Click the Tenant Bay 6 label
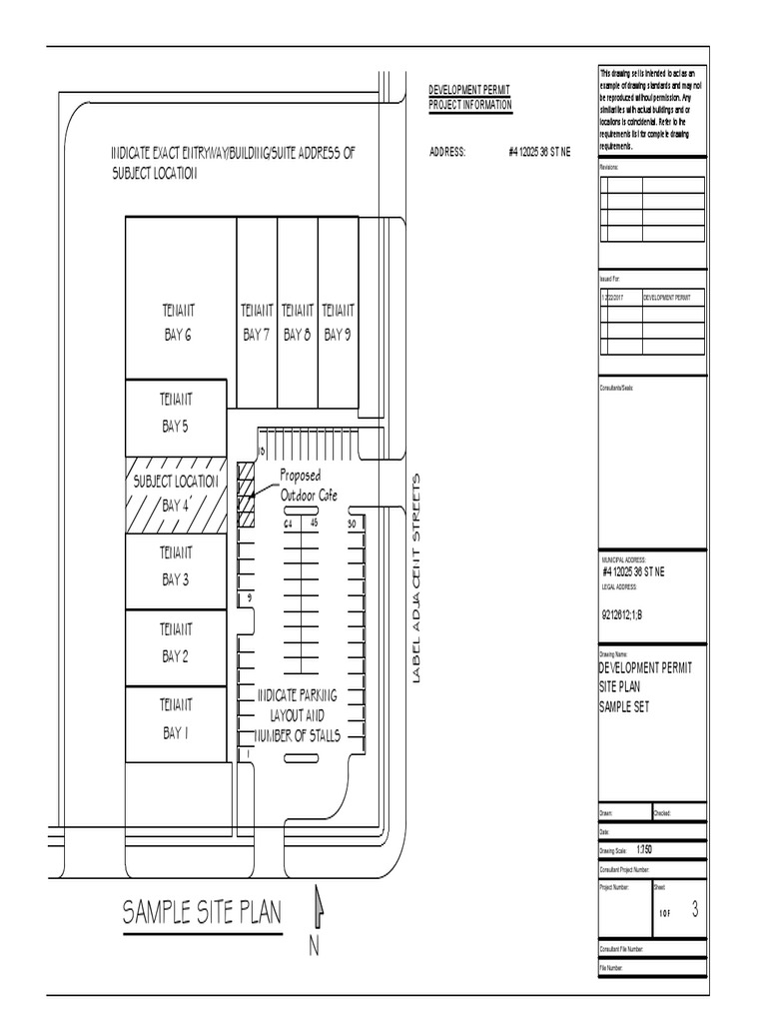177,323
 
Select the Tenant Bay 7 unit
256,323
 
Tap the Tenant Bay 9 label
338,323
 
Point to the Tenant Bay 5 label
176,413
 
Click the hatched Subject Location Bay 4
177,494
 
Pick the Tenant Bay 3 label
176,566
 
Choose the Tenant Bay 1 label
176,718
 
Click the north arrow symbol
319,908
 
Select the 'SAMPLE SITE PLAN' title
203,912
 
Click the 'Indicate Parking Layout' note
299,715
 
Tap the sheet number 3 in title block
694,910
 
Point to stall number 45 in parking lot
314,522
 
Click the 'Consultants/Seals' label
616,387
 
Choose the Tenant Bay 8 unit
297,323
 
